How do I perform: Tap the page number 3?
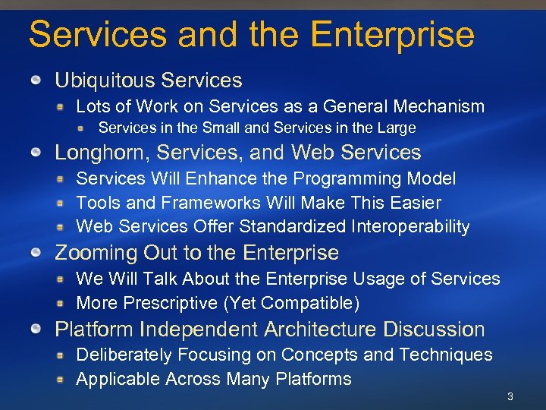click(510, 396)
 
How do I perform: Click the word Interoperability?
click(410, 226)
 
